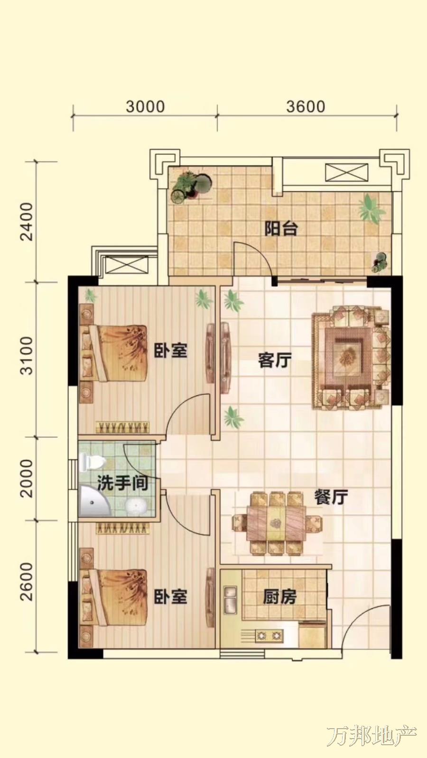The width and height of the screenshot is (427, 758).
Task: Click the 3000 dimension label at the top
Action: [x=145, y=107]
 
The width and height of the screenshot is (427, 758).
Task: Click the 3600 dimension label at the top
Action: [x=306, y=107]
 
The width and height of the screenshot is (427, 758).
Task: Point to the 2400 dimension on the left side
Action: [x=27, y=222]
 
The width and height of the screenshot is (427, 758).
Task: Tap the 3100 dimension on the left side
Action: [x=27, y=355]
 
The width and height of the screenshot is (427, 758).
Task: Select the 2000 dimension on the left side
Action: [x=27, y=478]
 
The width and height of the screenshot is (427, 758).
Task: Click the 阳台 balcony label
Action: [x=281, y=229]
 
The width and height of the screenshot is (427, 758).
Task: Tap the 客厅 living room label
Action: [x=275, y=360]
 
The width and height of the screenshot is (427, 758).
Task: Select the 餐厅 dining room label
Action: [x=331, y=497]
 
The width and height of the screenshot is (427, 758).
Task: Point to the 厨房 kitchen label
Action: [x=279, y=597]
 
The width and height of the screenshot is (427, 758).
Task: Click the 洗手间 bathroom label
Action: [x=123, y=483]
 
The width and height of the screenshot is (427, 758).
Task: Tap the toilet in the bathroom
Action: [x=92, y=462]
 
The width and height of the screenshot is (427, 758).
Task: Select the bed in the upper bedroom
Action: [x=114, y=353]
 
